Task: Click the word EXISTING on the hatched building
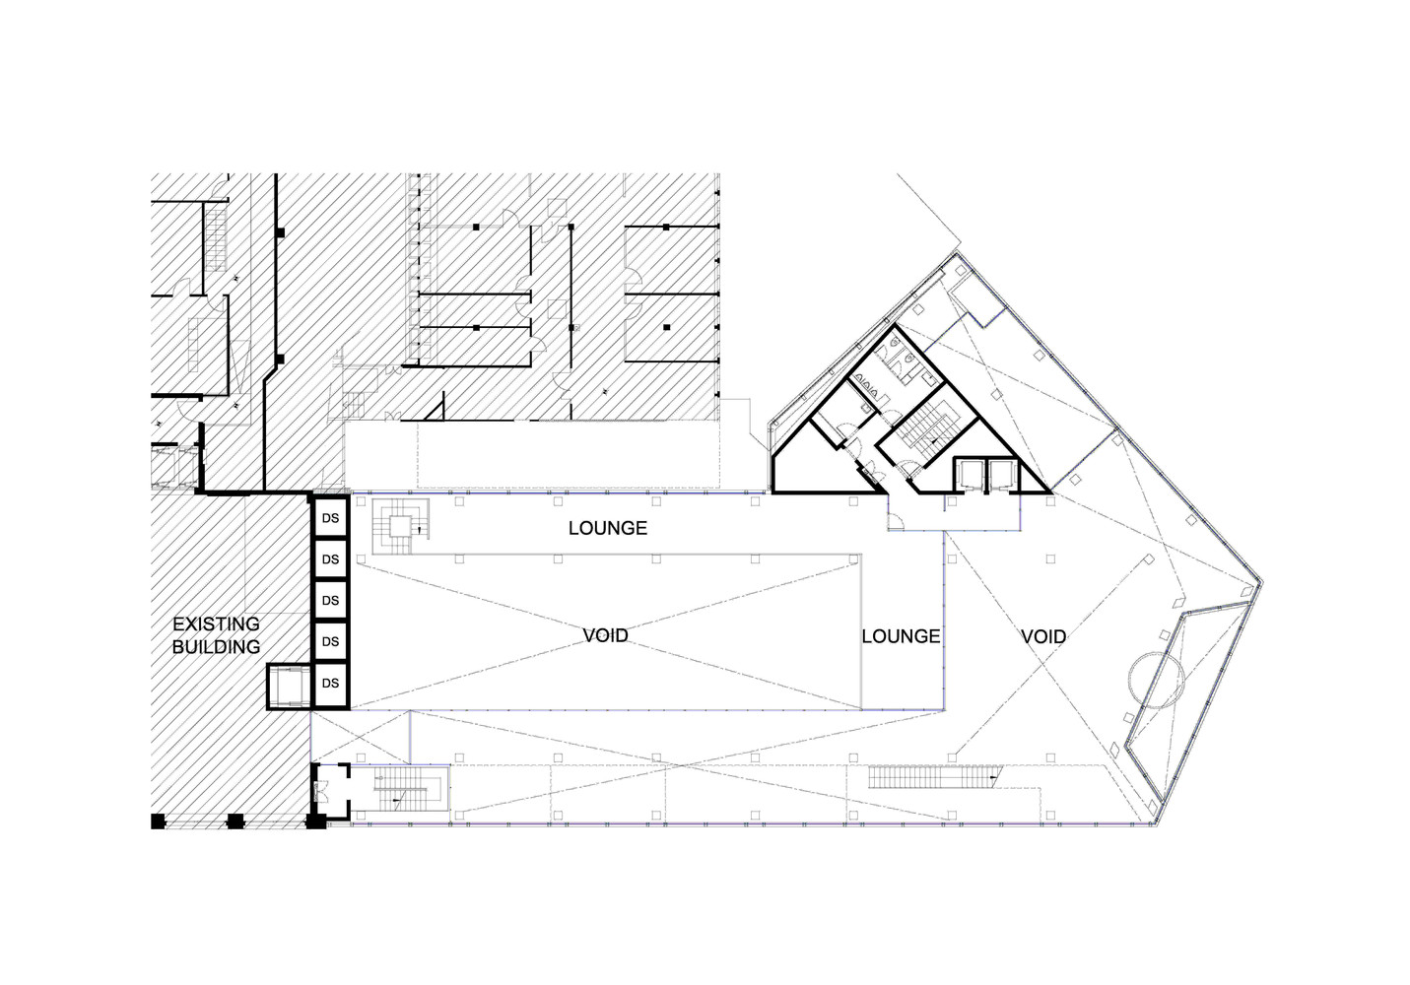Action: [x=216, y=624]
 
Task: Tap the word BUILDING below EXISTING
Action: [x=216, y=647]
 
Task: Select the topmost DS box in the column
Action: [x=331, y=518]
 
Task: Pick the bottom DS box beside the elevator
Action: [x=331, y=683]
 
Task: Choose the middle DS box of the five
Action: [x=331, y=600]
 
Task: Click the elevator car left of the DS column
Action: [x=290, y=687]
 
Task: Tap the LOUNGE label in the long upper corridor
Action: [x=607, y=528]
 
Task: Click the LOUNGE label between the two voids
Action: [x=901, y=636]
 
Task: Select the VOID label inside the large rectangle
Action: [x=605, y=635]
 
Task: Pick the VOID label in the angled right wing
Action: [x=1042, y=636]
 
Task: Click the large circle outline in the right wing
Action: [x=1155, y=679]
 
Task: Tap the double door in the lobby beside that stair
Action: [x=319, y=790]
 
